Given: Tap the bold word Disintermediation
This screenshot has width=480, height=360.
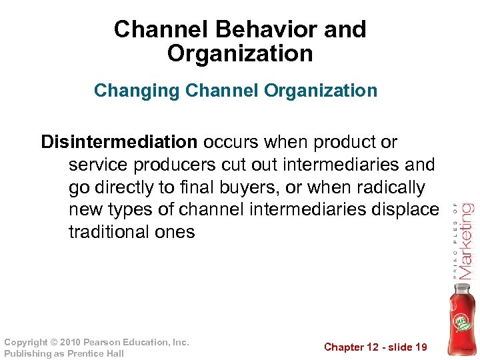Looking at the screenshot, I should [119, 142].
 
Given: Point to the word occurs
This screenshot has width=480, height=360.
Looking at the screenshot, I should [233, 142].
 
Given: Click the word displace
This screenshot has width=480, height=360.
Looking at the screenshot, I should [404, 210].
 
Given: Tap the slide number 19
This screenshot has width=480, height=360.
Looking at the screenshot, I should [420, 347].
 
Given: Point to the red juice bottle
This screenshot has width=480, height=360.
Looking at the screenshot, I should [461, 317].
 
